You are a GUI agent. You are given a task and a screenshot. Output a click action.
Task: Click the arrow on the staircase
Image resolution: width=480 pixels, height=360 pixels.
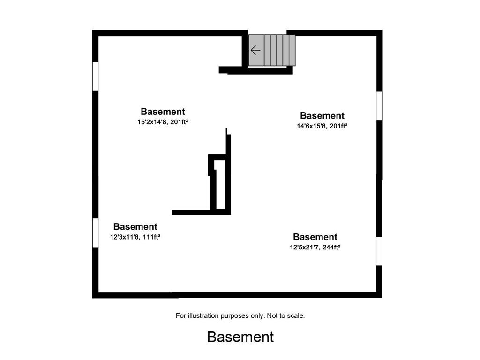coord(255,50)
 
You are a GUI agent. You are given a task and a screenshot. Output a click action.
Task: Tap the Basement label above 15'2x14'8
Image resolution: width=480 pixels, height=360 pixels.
coord(163,112)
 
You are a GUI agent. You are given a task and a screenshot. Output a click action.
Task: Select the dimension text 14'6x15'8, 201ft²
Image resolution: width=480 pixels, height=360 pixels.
coord(322,126)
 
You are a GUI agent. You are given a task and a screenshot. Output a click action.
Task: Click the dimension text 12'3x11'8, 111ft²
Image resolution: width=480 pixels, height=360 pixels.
coord(135,237)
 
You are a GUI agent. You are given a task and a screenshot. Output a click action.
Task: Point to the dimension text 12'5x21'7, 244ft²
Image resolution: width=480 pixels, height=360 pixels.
coord(315,247)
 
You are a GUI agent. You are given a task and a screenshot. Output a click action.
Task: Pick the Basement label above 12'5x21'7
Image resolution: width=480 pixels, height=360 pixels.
coord(315,237)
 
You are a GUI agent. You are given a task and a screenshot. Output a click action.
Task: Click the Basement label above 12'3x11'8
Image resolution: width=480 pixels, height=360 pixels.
coord(135,226)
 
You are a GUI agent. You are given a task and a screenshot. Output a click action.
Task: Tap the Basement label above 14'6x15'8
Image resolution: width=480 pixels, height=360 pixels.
coord(322,115)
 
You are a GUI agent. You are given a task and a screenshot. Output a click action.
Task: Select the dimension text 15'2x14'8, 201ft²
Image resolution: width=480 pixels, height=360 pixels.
coord(163,122)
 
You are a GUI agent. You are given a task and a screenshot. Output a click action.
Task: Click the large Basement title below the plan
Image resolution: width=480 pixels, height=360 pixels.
coord(240,337)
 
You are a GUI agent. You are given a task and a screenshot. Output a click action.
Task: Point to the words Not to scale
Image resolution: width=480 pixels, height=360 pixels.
coord(285,315)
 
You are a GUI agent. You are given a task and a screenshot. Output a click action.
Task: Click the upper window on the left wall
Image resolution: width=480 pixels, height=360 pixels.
coord(96,76)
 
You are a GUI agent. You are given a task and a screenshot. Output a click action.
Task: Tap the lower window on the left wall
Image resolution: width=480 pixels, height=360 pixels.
coord(96,232)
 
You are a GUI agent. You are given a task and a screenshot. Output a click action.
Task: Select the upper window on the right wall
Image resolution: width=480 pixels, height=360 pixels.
coord(379,106)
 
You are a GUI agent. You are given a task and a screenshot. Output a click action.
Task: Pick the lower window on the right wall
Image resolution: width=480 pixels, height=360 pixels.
coord(379,251)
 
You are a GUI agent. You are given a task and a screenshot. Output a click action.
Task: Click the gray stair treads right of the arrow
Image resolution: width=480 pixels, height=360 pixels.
coord(280,50)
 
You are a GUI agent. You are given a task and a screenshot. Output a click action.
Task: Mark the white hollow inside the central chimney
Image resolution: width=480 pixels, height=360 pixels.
coord(220,185)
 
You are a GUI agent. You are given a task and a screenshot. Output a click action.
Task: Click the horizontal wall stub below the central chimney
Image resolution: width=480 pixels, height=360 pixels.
coord(191,212)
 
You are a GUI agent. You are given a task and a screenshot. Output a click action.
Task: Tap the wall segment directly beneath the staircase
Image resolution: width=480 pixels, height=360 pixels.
coord(255,70)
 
